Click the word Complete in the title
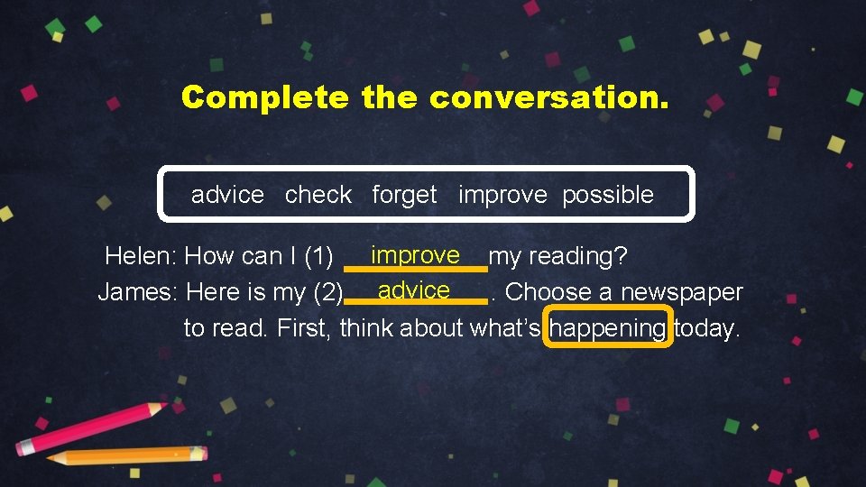pos(263,97)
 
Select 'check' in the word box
pos(318,195)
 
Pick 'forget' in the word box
pos(404,195)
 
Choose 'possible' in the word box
pos(607,195)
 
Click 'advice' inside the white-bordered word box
pos(227,195)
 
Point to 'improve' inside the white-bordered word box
pos(502,195)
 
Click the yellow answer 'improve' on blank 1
pos(415,255)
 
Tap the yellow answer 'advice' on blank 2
pos(414,290)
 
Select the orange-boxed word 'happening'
pos(609,329)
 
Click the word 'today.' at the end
pos(707,329)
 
